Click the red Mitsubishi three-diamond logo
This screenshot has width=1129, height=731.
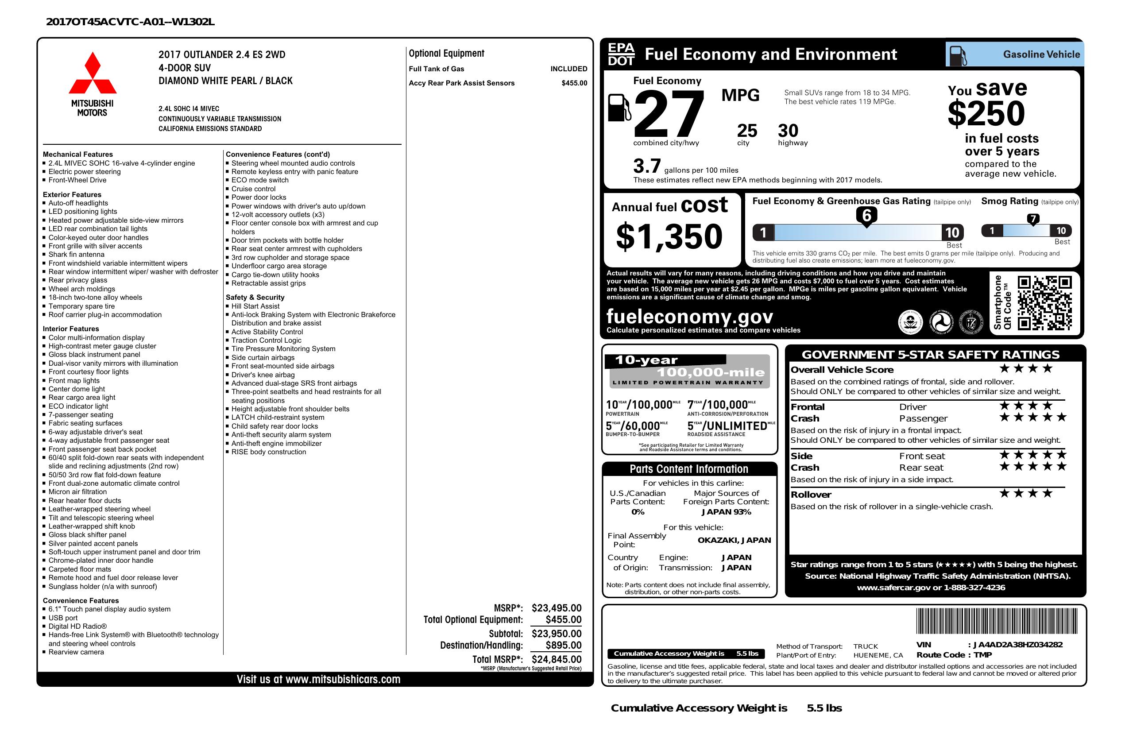click(93, 73)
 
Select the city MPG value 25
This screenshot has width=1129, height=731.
click(746, 131)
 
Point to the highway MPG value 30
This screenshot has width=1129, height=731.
click(788, 131)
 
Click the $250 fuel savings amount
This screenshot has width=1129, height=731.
click(986, 114)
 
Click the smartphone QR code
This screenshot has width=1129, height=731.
click(1044, 303)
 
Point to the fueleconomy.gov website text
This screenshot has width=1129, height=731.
click(690, 317)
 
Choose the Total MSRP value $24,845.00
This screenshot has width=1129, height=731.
click(556, 659)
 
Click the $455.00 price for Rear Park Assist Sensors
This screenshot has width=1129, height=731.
click(574, 83)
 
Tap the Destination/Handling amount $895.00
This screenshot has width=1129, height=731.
click(563, 645)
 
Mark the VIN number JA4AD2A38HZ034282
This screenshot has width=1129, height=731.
click(1017, 645)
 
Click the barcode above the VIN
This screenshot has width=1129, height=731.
click(996, 622)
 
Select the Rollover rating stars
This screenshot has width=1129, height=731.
click(1025, 494)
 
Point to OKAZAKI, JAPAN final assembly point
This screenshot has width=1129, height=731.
click(734, 540)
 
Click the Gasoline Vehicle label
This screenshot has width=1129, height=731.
click(1041, 54)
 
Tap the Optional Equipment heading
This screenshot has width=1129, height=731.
click(446, 54)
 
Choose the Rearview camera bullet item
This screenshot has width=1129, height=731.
click(76, 652)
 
